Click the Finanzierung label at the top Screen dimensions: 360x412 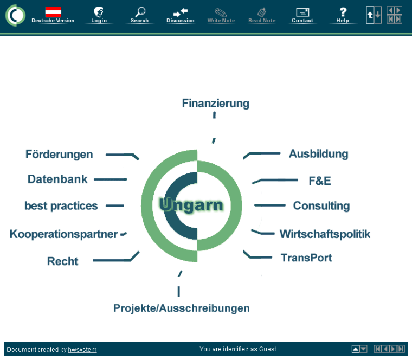[x=215, y=103]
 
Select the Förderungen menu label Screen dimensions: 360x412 [x=59, y=155]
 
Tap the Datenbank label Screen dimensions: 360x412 [x=57, y=179]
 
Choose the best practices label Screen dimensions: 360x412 [x=61, y=206]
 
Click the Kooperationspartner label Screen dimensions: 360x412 [x=63, y=234]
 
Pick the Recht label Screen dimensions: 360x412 [x=62, y=261]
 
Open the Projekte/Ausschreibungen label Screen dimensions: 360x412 [x=182, y=308]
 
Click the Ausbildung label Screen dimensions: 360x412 [x=318, y=154]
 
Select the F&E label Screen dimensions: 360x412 [x=319, y=181]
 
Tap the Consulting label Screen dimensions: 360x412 [x=321, y=206]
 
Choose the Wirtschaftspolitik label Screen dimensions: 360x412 [x=325, y=234]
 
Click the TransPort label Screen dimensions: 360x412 [x=306, y=258]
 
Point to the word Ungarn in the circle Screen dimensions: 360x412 [x=191, y=205]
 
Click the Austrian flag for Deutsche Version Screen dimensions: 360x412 [x=53, y=11]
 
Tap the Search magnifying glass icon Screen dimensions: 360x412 [x=140, y=12]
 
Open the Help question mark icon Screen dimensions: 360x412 [x=343, y=12]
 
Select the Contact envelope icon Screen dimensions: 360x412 [x=302, y=12]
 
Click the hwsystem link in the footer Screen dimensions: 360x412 [x=82, y=350]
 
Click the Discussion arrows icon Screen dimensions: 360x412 [x=181, y=12]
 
